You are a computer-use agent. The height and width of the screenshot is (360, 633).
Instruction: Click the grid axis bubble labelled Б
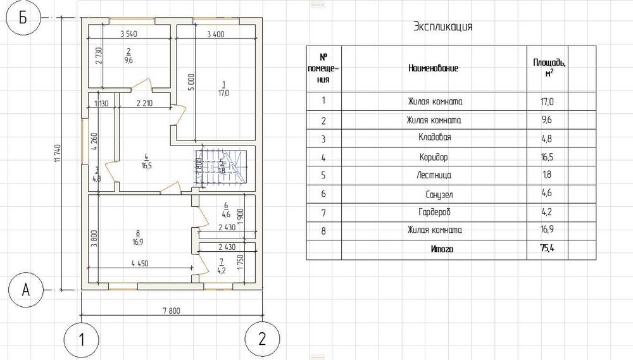click(23, 18)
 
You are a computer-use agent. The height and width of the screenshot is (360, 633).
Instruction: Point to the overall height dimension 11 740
click(57, 154)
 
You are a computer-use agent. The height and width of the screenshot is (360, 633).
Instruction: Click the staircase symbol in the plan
click(222, 168)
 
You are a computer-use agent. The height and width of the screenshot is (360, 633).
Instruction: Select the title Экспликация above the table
click(442, 27)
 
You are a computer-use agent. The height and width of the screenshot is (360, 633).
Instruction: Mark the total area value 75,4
click(548, 249)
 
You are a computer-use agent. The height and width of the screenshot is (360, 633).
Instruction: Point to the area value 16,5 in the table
click(548, 156)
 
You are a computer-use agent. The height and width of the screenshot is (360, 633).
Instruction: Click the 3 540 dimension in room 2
click(128, 34)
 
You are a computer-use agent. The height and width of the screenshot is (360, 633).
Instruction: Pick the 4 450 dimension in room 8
click(140, 263)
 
